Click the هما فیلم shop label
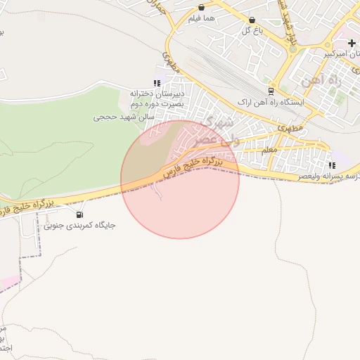202,20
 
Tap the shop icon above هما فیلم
202,8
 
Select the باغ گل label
252,30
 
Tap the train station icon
271,91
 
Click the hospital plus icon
352,43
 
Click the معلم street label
269,150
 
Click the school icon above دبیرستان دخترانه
157,82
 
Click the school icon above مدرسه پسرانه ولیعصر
331,165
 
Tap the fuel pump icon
79,214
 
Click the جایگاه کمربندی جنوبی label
79,226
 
